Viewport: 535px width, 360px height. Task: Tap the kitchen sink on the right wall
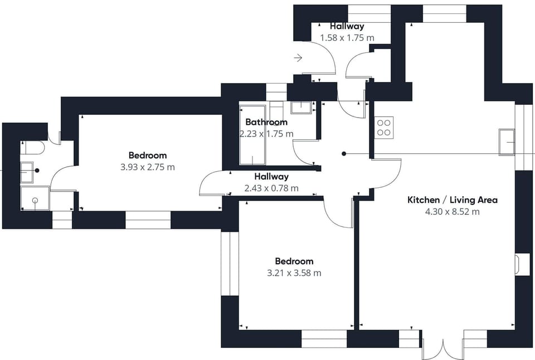508,142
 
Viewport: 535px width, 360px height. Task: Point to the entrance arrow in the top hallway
298,57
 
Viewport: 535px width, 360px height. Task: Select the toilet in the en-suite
32,148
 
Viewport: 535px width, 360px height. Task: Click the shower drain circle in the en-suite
35,200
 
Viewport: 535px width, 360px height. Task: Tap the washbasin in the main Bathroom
301,108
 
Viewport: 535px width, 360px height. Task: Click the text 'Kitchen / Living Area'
453,200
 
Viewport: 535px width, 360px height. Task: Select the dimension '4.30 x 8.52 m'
453,212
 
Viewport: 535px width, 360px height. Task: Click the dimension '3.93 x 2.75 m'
148,167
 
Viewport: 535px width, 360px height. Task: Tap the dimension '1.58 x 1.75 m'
347,38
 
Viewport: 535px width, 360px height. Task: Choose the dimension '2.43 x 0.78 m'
271,188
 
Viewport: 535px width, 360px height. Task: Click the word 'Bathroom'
266,122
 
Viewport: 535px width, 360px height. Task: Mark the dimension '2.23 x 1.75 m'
266,134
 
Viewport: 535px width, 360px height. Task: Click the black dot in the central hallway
344,153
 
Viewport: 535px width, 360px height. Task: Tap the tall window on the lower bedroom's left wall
226,263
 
